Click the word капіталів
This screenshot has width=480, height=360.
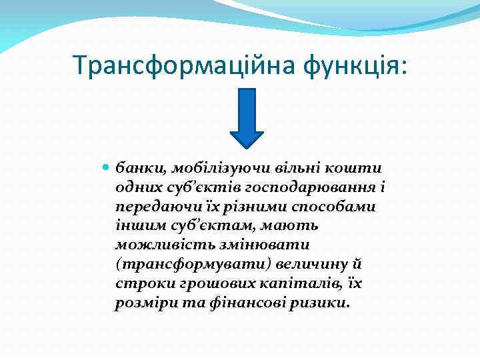pyautogui.click(x=303, y=285)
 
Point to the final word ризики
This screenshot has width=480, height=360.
pyautogui.click(x=320, y=304)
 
